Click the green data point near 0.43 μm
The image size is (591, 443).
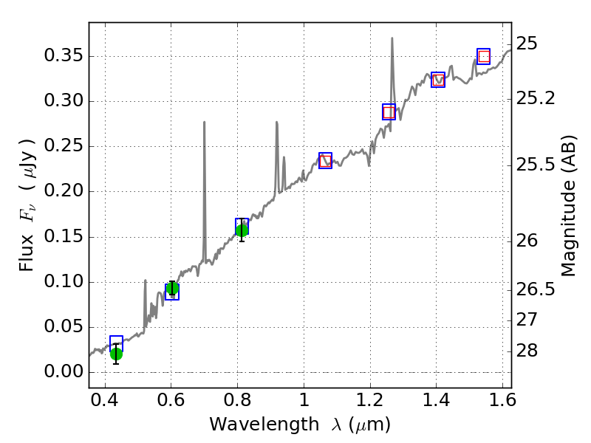(x=116, y=354)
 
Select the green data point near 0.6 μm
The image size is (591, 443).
(x=172, y=288)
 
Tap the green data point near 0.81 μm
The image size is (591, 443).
(x=242, y=230)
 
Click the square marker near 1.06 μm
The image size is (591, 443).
(x=325, y=160)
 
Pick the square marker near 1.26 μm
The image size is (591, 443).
(x=389, y=111)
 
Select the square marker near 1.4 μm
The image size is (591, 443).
(x=438, y=79)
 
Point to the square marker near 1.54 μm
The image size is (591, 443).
(x=484, y=56)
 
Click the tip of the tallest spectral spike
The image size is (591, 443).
(x=392, y=38)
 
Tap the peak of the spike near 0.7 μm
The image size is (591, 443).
(x=204, y=122)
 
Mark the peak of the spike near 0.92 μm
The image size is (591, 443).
(x=276, y=122)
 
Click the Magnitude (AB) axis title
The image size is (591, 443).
(x=568, y=205)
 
